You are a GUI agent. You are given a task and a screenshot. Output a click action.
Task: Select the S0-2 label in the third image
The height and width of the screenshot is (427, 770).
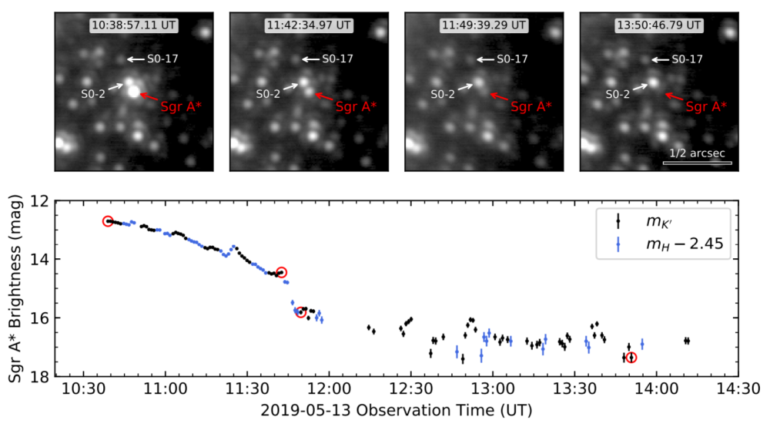point(441,94)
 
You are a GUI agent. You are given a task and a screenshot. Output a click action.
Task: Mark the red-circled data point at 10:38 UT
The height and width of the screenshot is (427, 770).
point(108,221)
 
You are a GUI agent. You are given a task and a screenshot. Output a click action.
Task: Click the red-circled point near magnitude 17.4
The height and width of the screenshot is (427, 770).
point(631,358)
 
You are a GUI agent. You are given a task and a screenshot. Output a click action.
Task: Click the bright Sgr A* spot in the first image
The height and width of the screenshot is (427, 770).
point(134,92)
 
